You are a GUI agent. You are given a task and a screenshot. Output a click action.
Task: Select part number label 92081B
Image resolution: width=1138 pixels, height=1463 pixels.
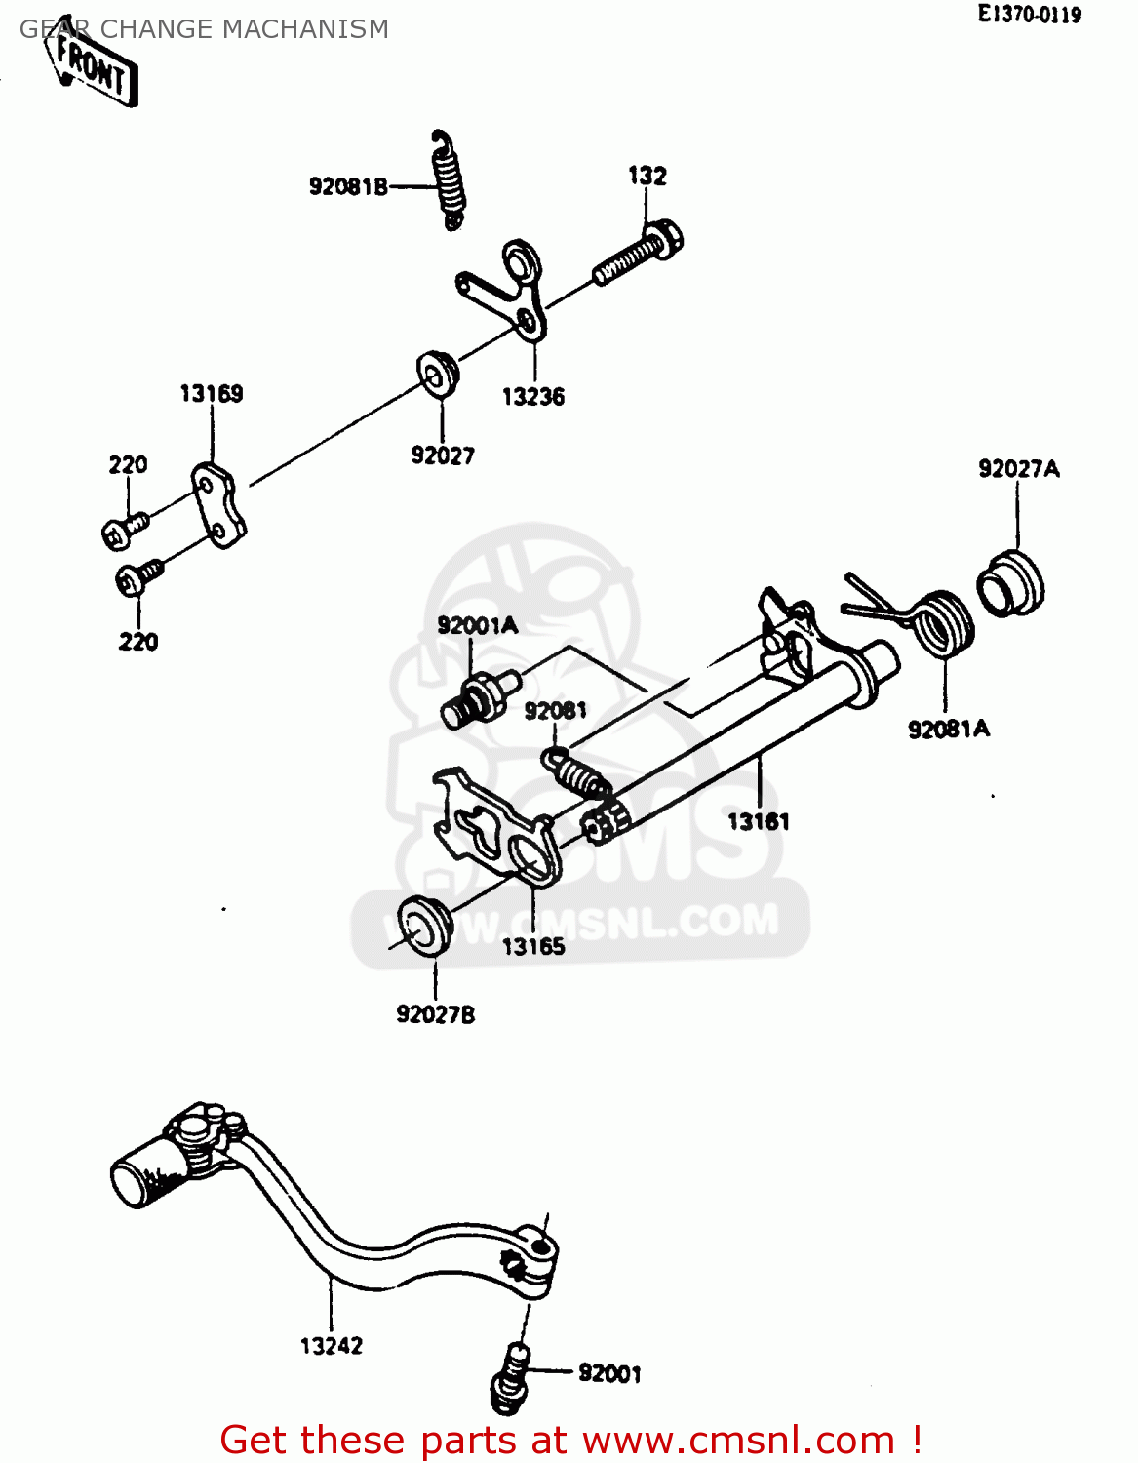pos(348,186)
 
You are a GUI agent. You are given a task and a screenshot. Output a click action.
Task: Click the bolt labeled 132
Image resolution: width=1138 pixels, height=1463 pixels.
pos(639,254)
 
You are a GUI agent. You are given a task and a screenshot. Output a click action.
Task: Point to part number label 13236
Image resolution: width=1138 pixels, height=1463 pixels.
pos(532,397)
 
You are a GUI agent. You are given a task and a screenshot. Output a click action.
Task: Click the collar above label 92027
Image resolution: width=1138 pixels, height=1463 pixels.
pos(438,374)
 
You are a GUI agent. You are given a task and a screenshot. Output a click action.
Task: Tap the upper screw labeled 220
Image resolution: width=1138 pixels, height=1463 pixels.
pos(124,529)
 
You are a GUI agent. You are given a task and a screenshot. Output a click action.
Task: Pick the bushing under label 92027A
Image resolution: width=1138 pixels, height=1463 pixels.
pos(1010,584)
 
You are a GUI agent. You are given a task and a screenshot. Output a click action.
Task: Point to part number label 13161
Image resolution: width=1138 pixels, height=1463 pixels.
pos(758,821)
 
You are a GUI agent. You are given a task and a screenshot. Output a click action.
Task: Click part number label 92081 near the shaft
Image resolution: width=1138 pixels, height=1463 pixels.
pos(555,711)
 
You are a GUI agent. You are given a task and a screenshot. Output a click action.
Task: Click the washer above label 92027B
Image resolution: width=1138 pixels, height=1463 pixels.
pos(425,925)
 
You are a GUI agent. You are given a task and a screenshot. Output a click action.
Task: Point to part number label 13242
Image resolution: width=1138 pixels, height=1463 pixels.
pos(331,1346)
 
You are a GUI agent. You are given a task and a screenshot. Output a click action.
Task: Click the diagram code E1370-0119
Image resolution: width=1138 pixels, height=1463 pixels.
pos(1030,15)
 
